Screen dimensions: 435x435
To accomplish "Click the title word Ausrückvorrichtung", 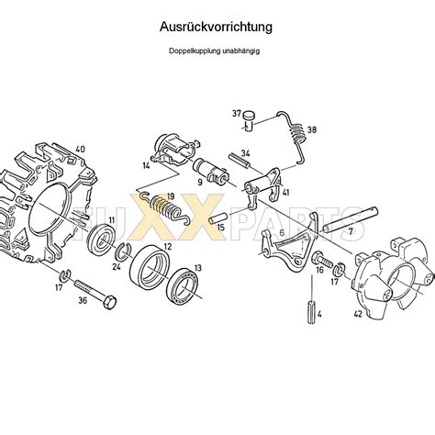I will point(217,28).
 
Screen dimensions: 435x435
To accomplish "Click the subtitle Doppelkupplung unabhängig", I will point(217,50).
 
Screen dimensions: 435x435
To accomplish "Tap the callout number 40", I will point(80,150).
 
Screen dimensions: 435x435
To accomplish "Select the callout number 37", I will point(237,114).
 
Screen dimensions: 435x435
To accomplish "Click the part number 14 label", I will point(146,165).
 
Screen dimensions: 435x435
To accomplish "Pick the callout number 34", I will point(245,154).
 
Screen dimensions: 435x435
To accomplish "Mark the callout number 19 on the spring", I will point(169,195).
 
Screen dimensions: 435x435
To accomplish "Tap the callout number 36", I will point(57,298).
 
